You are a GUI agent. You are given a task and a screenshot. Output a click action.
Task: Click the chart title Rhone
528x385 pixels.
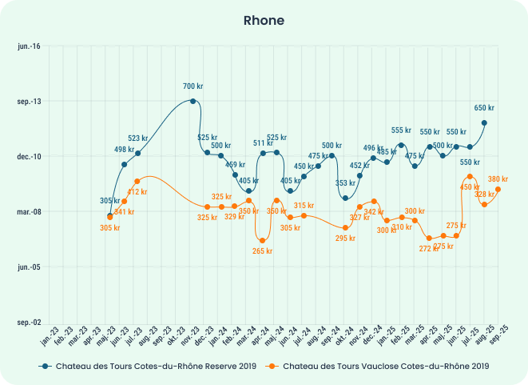coord(264,20)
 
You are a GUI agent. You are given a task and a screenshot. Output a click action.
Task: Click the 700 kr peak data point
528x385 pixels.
coord(193,101)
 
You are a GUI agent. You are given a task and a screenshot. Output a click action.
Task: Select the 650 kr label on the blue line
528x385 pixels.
coord(484,108)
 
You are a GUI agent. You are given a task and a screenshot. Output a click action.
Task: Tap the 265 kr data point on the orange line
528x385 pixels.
coord(262,240)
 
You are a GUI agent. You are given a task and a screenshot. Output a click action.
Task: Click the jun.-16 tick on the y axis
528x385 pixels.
coord(29,46)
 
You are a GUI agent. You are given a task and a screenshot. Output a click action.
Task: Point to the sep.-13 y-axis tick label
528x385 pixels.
coord(29,102)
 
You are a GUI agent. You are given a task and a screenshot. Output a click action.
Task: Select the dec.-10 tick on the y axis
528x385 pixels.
coord(29,157)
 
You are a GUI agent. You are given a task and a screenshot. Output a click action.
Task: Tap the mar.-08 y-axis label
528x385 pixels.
coord(29,212)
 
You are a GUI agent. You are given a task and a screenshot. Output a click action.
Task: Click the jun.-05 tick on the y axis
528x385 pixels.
coord(29,267)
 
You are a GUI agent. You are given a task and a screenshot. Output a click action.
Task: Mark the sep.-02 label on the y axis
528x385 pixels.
coord(29,323)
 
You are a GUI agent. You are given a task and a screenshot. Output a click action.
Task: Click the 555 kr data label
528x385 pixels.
coord(401,130)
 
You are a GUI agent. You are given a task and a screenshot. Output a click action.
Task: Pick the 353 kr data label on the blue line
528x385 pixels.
coord(345,183)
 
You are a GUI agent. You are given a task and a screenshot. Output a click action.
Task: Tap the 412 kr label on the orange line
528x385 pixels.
coord(137,192)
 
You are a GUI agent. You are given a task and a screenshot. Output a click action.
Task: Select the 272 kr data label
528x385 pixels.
coord(430,248)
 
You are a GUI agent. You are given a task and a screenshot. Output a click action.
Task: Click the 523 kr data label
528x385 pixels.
coord(138,138)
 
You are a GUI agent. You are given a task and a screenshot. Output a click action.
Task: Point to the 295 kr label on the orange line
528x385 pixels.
coord(345,239)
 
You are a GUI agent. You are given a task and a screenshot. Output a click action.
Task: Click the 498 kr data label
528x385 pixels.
coord(125,150)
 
